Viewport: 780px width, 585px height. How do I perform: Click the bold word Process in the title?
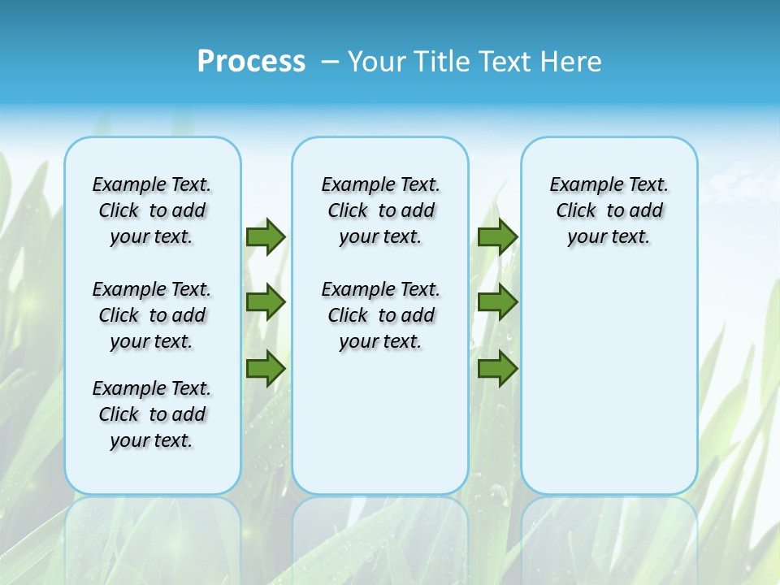(x=251, y=62)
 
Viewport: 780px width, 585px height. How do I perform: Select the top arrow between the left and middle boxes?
(x=266, y=236)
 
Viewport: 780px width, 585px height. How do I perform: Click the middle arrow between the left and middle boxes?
(x=266, y=302)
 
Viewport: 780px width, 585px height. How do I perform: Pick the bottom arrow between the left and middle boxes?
(x=266, y=369)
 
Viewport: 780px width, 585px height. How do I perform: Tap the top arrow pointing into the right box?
(x=497, y=236)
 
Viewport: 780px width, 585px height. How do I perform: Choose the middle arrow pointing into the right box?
(x=497, y=302)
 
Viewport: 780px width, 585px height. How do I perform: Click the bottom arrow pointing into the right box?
(x=497, y=369)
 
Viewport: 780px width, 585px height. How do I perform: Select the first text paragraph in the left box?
(x=152, y=210)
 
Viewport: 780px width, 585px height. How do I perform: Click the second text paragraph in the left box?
(x=152, y=315)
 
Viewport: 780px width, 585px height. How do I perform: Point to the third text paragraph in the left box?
(x=152, y=414)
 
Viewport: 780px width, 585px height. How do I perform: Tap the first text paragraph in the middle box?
(x=380, y=210)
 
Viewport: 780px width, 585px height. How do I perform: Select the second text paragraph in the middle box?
(x=380, y=315)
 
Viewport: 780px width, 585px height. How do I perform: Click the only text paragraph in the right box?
(x=609, y=210)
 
